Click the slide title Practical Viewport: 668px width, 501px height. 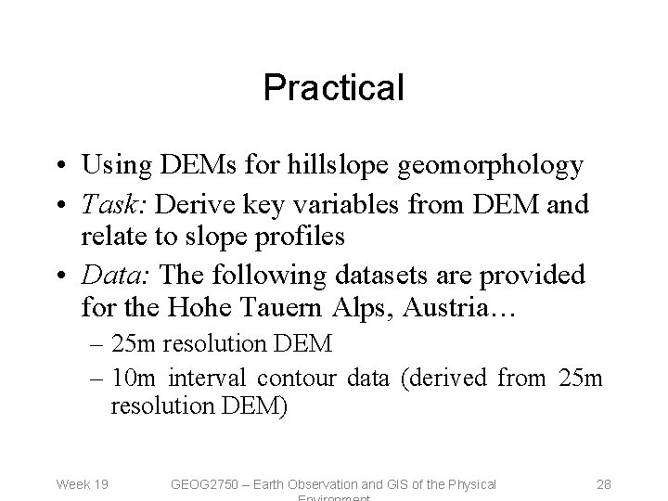(334, 88)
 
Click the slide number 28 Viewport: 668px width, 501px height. (602, 483)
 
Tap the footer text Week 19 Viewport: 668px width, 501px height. (83, 483)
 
